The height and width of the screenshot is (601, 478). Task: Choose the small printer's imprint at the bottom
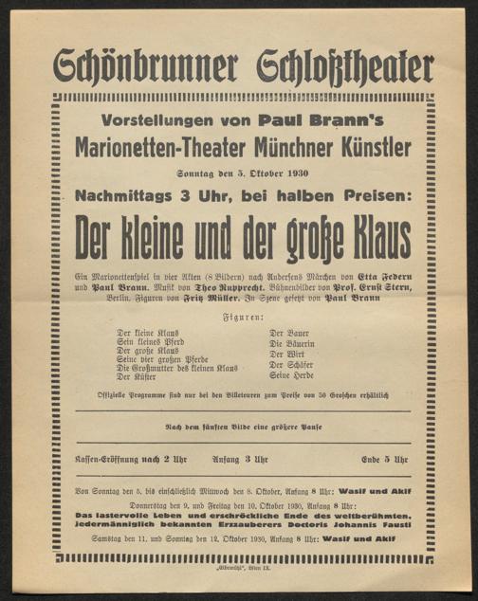(239, 563)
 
